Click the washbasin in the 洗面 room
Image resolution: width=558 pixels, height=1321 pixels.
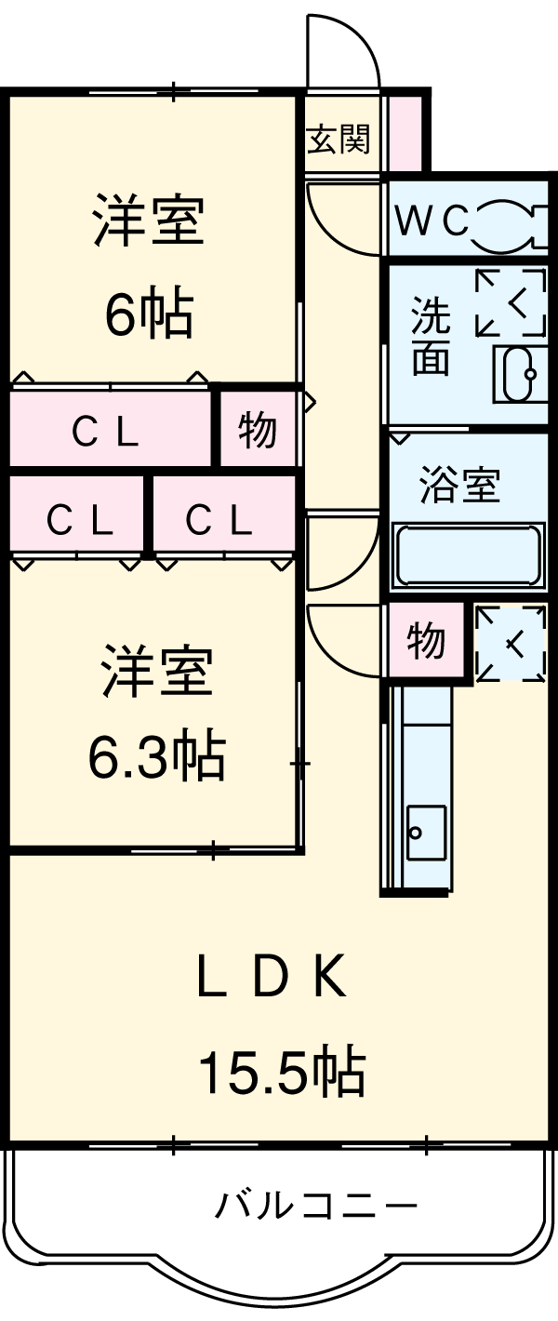click(519, 374)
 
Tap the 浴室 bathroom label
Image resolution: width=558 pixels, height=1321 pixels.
click(459, 487)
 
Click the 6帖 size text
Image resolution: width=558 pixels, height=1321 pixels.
click(149, 314)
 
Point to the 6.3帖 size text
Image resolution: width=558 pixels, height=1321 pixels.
click(156, 758)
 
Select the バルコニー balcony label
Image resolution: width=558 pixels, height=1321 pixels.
click(316, 1208)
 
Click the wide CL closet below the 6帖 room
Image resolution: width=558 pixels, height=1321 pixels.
click(107, 430)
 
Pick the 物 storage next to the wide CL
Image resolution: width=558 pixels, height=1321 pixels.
click(257, 430)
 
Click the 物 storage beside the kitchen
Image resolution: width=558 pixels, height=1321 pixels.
click(426, 640)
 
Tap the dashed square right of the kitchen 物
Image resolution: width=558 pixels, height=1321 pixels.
click(511, 642)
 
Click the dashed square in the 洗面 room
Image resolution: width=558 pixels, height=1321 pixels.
click(510, 302)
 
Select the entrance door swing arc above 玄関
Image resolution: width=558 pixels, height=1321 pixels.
click(344, 51)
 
